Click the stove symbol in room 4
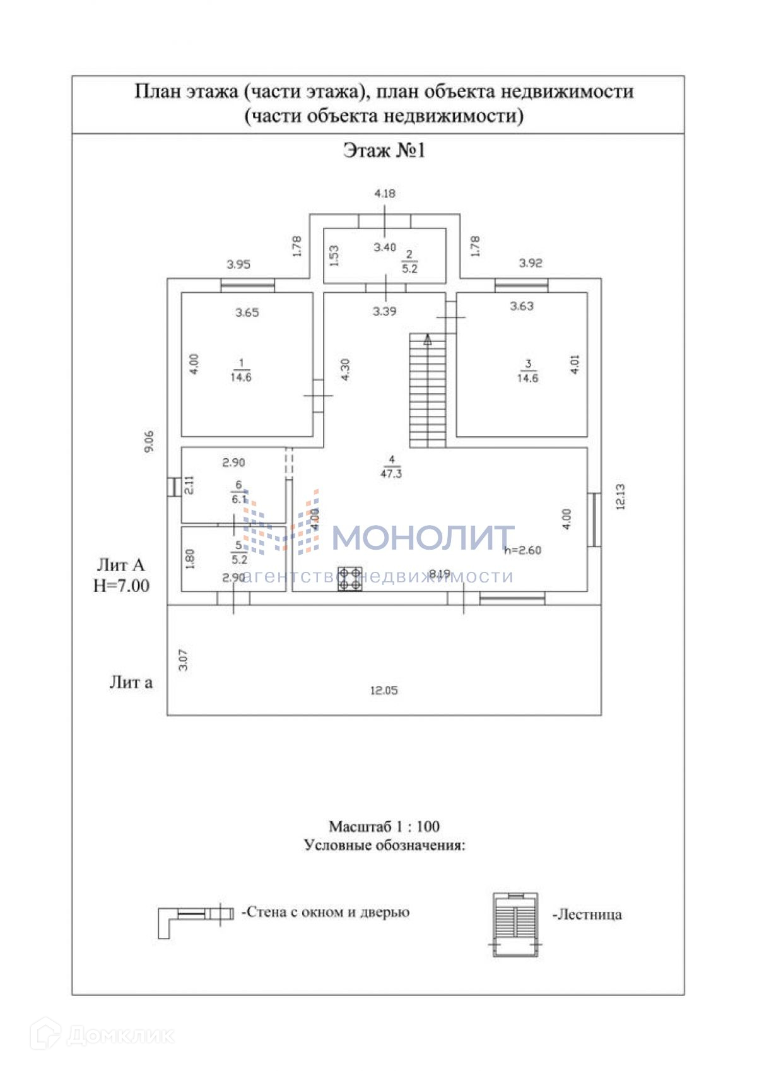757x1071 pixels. [x=350, y=579]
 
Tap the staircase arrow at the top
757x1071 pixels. [x=428, y=341]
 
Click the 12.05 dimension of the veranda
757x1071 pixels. [x=384, y=690]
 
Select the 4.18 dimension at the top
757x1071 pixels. [x=385, y=194]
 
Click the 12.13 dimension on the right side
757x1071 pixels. [x=620, y=496]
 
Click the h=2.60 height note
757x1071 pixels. [x=523, y=550]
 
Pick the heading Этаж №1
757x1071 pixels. [x=384, y=151]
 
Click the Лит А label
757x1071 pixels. [x=120, y=565]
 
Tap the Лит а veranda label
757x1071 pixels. [x=131, y=682]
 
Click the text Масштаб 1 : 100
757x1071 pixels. [x=384, y=826]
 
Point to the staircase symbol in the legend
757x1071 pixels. [x=515, y=925]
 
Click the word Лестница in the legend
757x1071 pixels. [x=587, y=914]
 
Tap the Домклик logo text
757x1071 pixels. [x=120, y=1036]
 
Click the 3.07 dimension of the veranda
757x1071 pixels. [x=184, y=660]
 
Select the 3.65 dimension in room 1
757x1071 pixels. [x=247, y=312]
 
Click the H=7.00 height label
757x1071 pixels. [x=122, y=586]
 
